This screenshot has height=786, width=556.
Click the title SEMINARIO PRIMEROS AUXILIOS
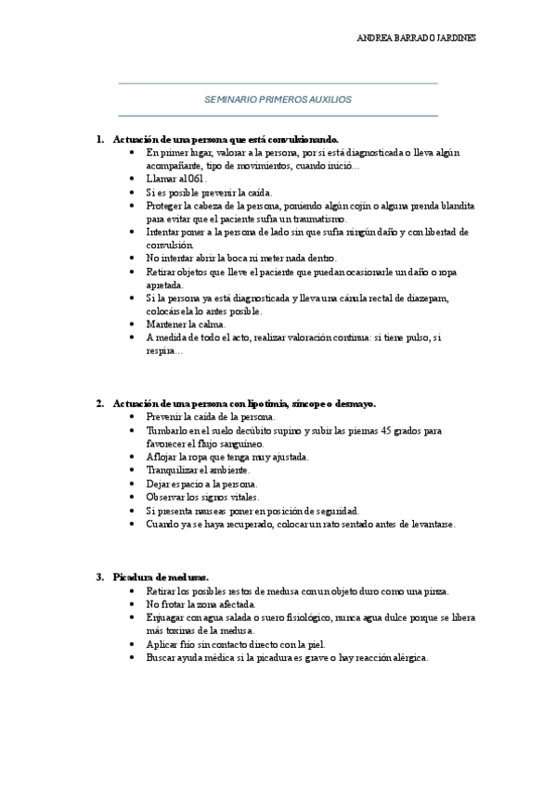278,98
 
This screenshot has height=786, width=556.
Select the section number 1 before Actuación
99,138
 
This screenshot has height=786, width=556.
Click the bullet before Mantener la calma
135,325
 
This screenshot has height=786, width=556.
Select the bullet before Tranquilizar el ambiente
135,471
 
